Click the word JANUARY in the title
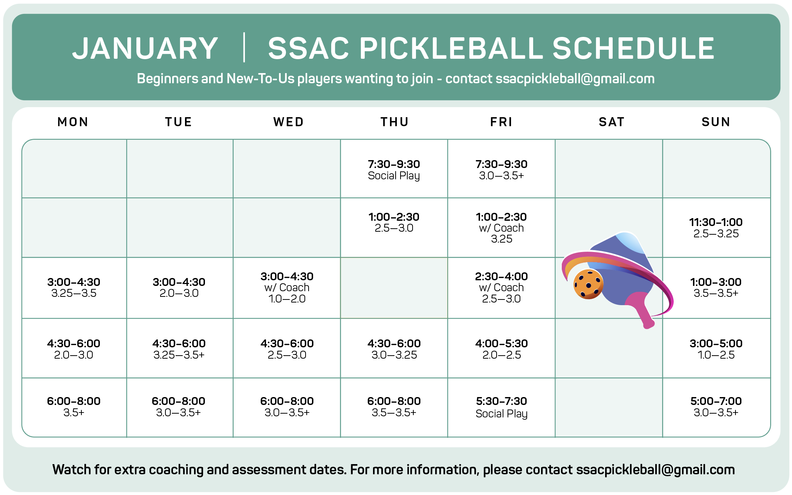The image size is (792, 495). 145,49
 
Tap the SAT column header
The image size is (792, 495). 612,122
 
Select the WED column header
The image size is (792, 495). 289,122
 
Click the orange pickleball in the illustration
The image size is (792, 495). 588,284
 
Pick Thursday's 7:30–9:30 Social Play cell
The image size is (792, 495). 394,169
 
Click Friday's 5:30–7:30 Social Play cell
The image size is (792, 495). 501,407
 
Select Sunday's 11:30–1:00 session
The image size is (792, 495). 716,228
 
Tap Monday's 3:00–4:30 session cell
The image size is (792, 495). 74,288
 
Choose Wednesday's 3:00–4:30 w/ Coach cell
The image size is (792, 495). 287,288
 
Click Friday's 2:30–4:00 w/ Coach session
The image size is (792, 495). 501,288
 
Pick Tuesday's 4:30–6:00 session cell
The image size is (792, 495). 179,348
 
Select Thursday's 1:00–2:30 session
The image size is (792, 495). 394,228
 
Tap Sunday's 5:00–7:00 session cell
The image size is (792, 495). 716,407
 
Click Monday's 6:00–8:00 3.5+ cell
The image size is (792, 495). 74,407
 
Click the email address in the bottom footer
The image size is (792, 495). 656,470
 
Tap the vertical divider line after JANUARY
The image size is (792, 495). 244,47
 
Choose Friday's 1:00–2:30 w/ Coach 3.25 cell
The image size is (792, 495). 501,228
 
